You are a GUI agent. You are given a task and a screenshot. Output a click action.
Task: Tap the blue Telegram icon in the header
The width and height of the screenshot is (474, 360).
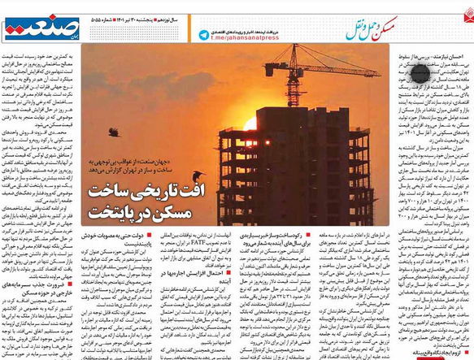[x=203, y=35]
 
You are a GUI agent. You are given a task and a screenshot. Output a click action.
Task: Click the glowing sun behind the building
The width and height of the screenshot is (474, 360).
[x=250, y=124]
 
